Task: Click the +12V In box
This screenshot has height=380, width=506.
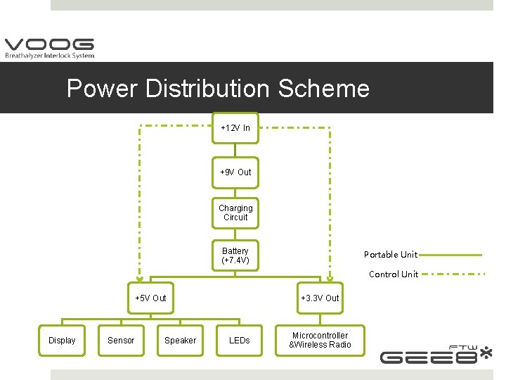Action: coord(235,128)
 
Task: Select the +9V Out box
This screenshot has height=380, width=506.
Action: coord(235,172)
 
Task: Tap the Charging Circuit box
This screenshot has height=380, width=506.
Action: coord(235,213)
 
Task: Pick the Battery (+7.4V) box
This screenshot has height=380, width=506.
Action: coord(235,255)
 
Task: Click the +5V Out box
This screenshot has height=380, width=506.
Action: coord(150,298)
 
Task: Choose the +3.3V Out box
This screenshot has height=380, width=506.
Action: coord(320,298)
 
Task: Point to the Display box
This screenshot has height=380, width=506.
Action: coord(62,341)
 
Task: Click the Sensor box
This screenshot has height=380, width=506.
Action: coord(121,341)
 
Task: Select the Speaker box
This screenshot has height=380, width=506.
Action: coord(180,341)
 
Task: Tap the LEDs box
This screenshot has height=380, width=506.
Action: coord(239,341)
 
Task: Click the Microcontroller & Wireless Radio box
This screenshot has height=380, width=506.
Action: coord(320,341)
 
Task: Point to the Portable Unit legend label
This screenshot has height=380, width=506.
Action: coord(390,255)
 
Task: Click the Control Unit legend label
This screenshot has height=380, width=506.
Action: coord(394,274)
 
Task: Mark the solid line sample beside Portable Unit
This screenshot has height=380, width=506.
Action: coord(451,255)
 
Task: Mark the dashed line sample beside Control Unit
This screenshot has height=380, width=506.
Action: coord(453,274)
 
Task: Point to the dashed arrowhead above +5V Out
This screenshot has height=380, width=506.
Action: coord(138,275)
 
